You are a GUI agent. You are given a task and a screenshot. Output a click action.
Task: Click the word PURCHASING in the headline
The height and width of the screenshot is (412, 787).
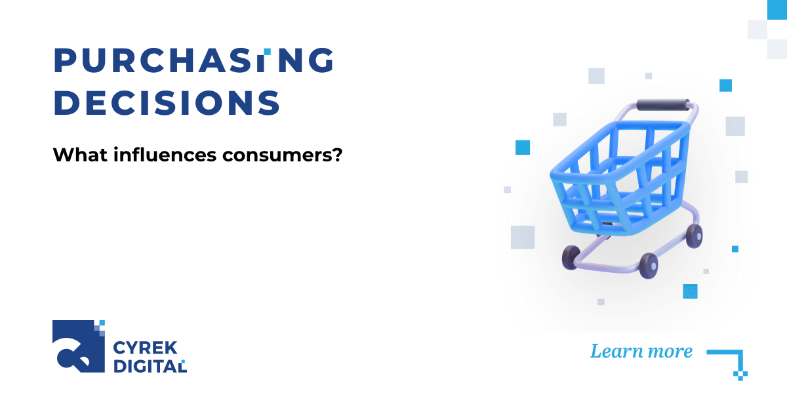[x=193, y=61]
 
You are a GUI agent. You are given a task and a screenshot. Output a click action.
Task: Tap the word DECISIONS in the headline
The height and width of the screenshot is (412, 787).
[x=167, y=103]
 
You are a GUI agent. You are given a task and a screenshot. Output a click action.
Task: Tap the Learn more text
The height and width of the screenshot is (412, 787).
[x=641, y=351]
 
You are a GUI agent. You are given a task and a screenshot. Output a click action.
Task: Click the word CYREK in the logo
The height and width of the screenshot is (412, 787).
[x=140, y=348]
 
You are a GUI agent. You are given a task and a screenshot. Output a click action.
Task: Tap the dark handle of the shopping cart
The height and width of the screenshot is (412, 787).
[x=663, y=104]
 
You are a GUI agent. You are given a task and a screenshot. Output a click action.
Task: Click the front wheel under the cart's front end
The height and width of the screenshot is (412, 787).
[x=571, y=257]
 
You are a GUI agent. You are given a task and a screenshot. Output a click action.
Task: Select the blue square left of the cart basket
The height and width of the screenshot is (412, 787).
[x=523, y=147]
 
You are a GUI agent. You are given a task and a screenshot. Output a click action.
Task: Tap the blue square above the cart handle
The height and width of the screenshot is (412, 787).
[x=725, y=85]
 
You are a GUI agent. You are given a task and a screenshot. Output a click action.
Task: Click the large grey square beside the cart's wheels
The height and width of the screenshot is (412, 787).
[x=523, y=237]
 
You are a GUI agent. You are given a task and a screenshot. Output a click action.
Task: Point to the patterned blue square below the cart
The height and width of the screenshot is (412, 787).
[x=690, y=291]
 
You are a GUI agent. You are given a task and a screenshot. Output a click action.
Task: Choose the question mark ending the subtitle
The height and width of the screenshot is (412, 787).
[x=336, y=155]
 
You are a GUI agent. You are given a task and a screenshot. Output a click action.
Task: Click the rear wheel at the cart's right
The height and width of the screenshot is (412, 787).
[x=694, y=234]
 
